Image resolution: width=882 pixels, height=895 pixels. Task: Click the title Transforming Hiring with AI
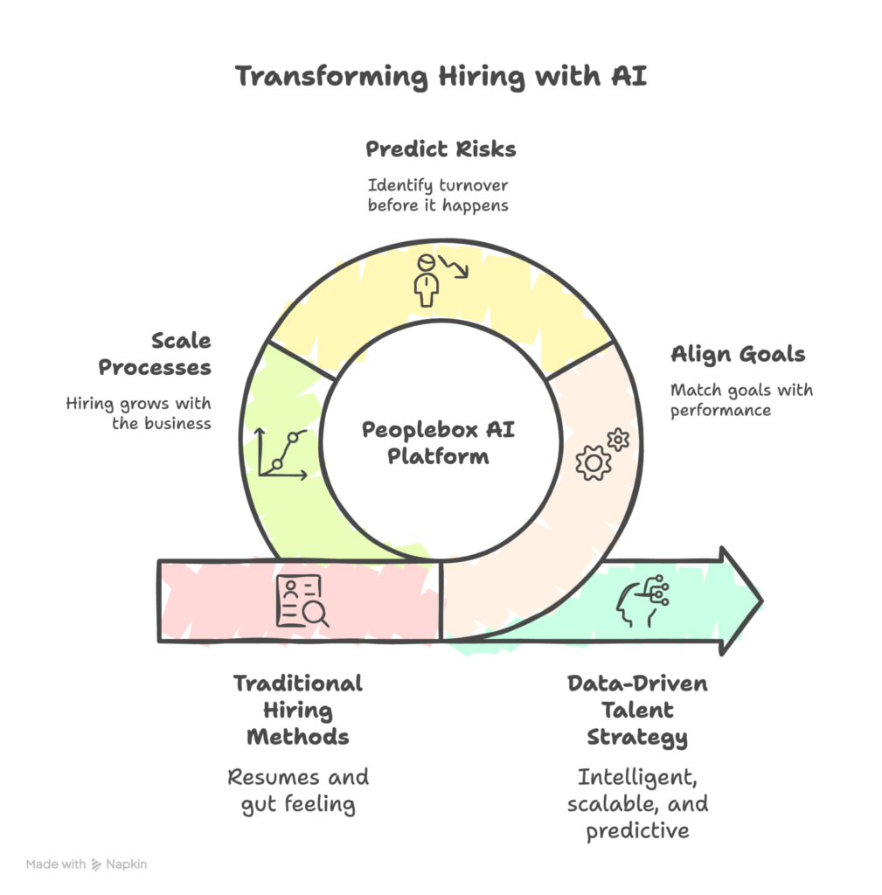click(441, 77)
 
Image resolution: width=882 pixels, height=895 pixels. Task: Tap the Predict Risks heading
click(441, 149)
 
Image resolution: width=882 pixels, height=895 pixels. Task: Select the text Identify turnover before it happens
click(438, 196)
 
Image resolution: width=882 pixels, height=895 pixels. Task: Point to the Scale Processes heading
click(155, 354)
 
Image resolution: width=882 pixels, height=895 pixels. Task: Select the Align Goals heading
click(738, 354)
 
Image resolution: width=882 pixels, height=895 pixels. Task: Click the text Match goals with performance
click(741, 399)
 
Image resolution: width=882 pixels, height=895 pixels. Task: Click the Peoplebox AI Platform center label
click(438, 442)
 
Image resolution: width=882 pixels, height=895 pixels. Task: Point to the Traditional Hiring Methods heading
click(297, 710)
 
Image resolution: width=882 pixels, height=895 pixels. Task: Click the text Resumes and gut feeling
click(297, 790)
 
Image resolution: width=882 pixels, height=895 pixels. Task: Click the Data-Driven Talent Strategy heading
click(636, 710)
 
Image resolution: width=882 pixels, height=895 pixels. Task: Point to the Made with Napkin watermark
click(87, 864)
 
